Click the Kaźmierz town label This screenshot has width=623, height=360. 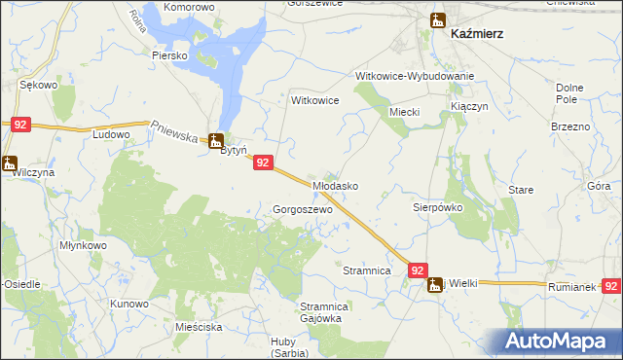[x=478, y=33]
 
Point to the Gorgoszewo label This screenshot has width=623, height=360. [x=303, y=209]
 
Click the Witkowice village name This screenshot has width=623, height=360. [x=314, y=100]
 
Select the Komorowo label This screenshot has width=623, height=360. [x=189, y=7]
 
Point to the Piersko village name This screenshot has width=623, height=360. [x=168, y=55]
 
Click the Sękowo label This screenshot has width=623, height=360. [x=40, y=86]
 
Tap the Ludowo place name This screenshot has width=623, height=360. [x=110, y=134]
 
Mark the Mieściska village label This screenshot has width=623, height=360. [x=200, y=329]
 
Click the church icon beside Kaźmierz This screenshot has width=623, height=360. [x=438, y=19]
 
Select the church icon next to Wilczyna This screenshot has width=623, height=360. [x=10, y=162]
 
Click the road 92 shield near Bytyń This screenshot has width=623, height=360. [x=262, y=164]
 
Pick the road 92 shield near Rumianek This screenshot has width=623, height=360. [x=611, y=286]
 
